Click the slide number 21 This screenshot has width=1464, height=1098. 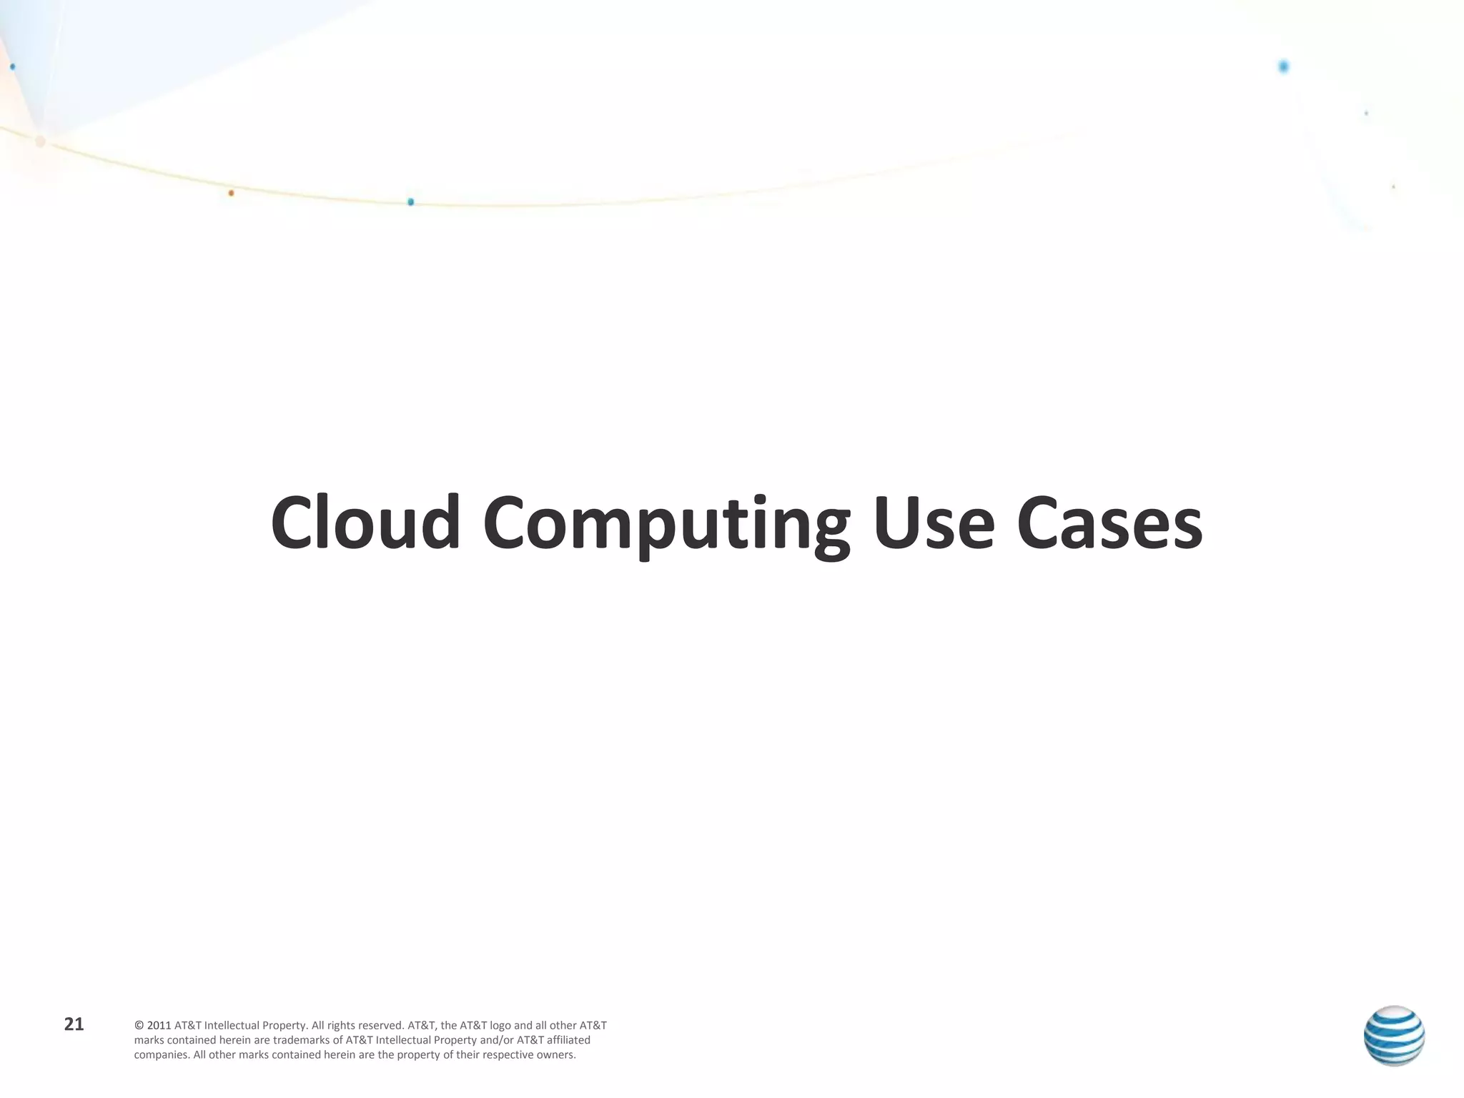tap(74, 1024)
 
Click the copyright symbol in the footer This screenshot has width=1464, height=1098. tap(139, 1026)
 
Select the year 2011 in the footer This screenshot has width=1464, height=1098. tap(159, 1026)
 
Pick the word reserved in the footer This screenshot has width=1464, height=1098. tap(381, 1026)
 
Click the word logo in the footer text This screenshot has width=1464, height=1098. tap(500, 1026)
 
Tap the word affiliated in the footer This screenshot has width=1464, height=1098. tap(569, 1040)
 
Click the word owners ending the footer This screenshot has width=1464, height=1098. tap(558, 1055)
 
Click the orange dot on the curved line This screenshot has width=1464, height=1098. tap(231, 193)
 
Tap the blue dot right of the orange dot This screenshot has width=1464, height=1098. tap(410, 202)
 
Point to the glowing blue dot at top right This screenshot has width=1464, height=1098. tap(1283, 67)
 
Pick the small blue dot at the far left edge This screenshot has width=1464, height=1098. tap(12, 66)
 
